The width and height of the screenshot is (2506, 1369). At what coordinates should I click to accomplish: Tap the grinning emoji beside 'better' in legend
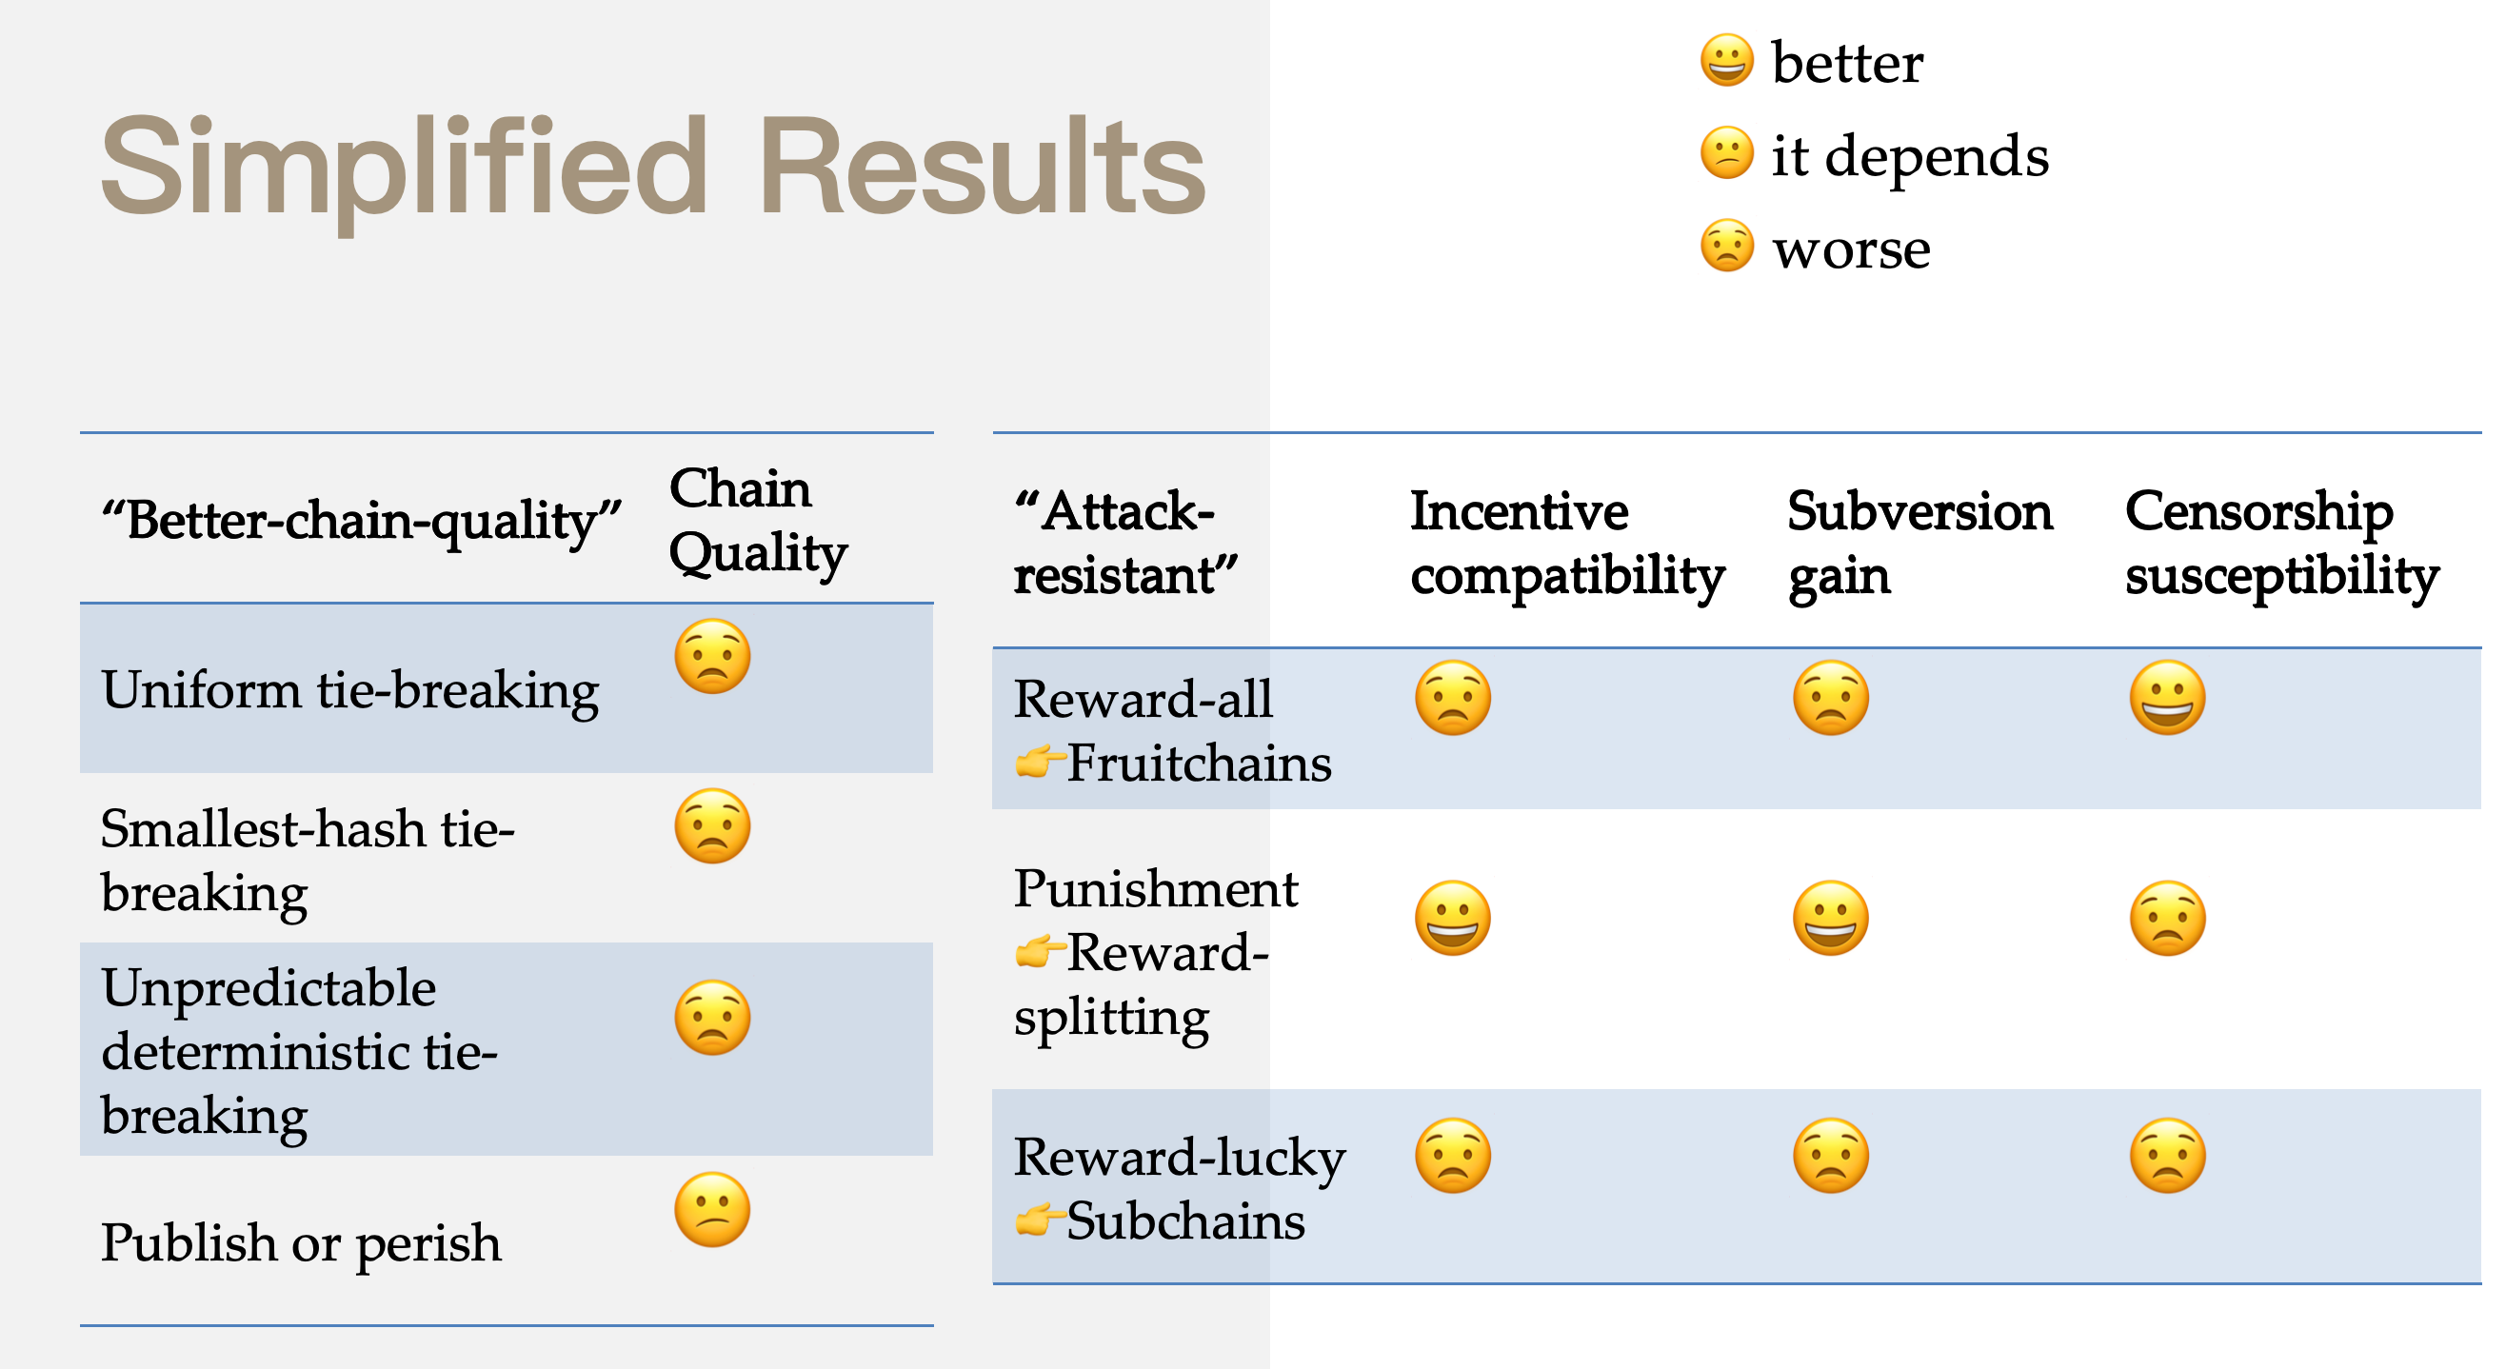[x=1727, y=60]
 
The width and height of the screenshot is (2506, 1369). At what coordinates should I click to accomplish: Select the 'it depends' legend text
[x=1910, y=156]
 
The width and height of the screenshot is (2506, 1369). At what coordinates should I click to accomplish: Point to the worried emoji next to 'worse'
[x=1727, y=246]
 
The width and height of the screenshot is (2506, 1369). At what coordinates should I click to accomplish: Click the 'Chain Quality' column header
[x=758, y=521]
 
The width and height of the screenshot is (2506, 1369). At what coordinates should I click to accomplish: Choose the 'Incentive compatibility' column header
[x=1567, y=543]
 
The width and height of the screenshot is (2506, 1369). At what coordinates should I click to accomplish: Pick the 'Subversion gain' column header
[x=1919, y=543]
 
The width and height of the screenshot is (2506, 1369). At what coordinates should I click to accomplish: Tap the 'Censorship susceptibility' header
[x=2281, y=543]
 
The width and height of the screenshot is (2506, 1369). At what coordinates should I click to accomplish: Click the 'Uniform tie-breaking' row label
[x=350, y=691]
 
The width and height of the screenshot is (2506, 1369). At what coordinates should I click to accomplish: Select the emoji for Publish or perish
[x=712, y=1209]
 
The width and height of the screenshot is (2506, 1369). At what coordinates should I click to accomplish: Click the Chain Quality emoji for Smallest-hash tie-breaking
[x=712, y=826]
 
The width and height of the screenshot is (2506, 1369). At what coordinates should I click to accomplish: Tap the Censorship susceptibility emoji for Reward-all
[x=2167, y=698]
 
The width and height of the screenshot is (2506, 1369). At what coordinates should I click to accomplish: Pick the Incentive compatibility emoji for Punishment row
[x=1452, y=919]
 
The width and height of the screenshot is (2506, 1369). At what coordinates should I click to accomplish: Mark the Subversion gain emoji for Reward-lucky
[x=1831, y=1156]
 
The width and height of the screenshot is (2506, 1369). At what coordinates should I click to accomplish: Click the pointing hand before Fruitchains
[x=1038, y=762]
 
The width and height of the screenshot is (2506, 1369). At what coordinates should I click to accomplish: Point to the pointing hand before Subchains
[x=1038, y=1220]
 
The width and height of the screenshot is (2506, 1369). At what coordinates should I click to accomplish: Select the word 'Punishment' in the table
[x=1156, y=888]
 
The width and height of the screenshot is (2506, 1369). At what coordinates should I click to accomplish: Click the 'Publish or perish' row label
[x=302, y=1243]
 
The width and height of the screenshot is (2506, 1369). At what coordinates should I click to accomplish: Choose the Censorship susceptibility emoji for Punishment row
[x=2167, y=919]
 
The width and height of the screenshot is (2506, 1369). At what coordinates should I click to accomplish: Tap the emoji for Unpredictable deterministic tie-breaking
[x=712, y=1018]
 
